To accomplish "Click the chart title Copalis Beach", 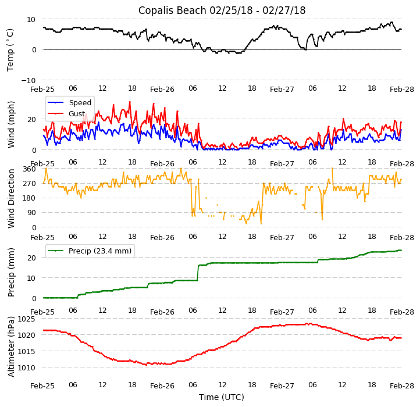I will [x=222, y=10].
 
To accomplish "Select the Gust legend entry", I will [x=76, y=114].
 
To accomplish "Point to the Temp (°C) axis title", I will [x=10, y=49].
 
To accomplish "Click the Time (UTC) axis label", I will [x=222, y=397].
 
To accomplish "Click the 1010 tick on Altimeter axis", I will [x=27, y=368].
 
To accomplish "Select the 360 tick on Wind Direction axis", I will [x=30, y=169].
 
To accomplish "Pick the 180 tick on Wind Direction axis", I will [x=30, y=198].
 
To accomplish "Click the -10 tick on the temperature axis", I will [x=27, y=80].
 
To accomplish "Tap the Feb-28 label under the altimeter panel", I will [x=402, y=385].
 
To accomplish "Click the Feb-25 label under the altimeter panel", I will [x=42, y=385].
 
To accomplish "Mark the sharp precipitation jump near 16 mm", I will [x=198, y=272].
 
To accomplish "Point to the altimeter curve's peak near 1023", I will [x=308, y=324].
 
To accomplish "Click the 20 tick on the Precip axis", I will [x=32, y=258].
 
